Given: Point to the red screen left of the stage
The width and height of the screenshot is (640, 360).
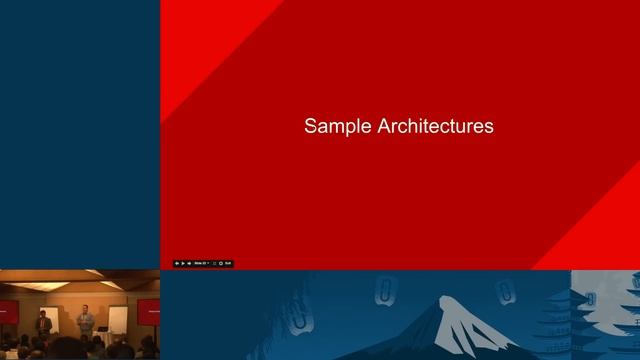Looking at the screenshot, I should click(6, 311).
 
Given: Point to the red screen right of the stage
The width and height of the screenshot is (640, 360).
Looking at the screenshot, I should click(147, 309).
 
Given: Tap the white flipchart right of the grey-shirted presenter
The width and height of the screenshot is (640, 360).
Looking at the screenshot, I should click(116, 319).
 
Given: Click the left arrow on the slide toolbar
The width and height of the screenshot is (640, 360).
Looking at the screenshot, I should click(177, 263).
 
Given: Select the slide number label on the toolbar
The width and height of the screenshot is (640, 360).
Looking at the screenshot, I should click(200, 263).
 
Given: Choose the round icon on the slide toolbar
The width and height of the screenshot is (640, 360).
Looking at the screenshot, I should click(220, 263).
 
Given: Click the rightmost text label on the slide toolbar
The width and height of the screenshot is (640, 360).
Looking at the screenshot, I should click(228, 263).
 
